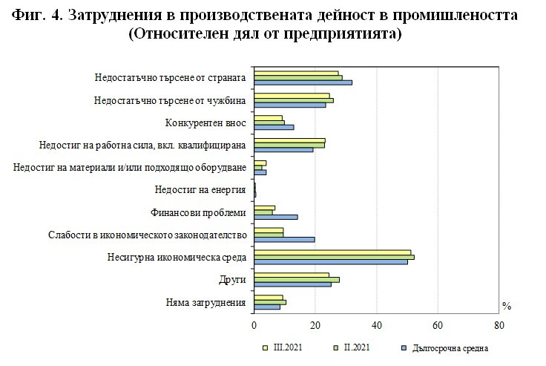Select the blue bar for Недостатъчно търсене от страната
[x=303, y=82]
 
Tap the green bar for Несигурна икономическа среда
[x=334, y=257]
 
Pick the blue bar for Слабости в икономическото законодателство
[x=284, y=239]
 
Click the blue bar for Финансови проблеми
[x=276, y=217]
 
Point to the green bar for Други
[x=297, y=279]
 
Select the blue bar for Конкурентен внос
[x=274, y=127]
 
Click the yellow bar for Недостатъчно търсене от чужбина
[x=292, y=95]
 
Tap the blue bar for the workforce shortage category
[x=283, y=149]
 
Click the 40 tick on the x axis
[x=376, y=324]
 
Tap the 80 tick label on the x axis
[x=499, y=324]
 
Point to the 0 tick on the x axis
[x=254, y=324]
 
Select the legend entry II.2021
[x=353, y=347]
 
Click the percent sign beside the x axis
[x=507, y=305]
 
